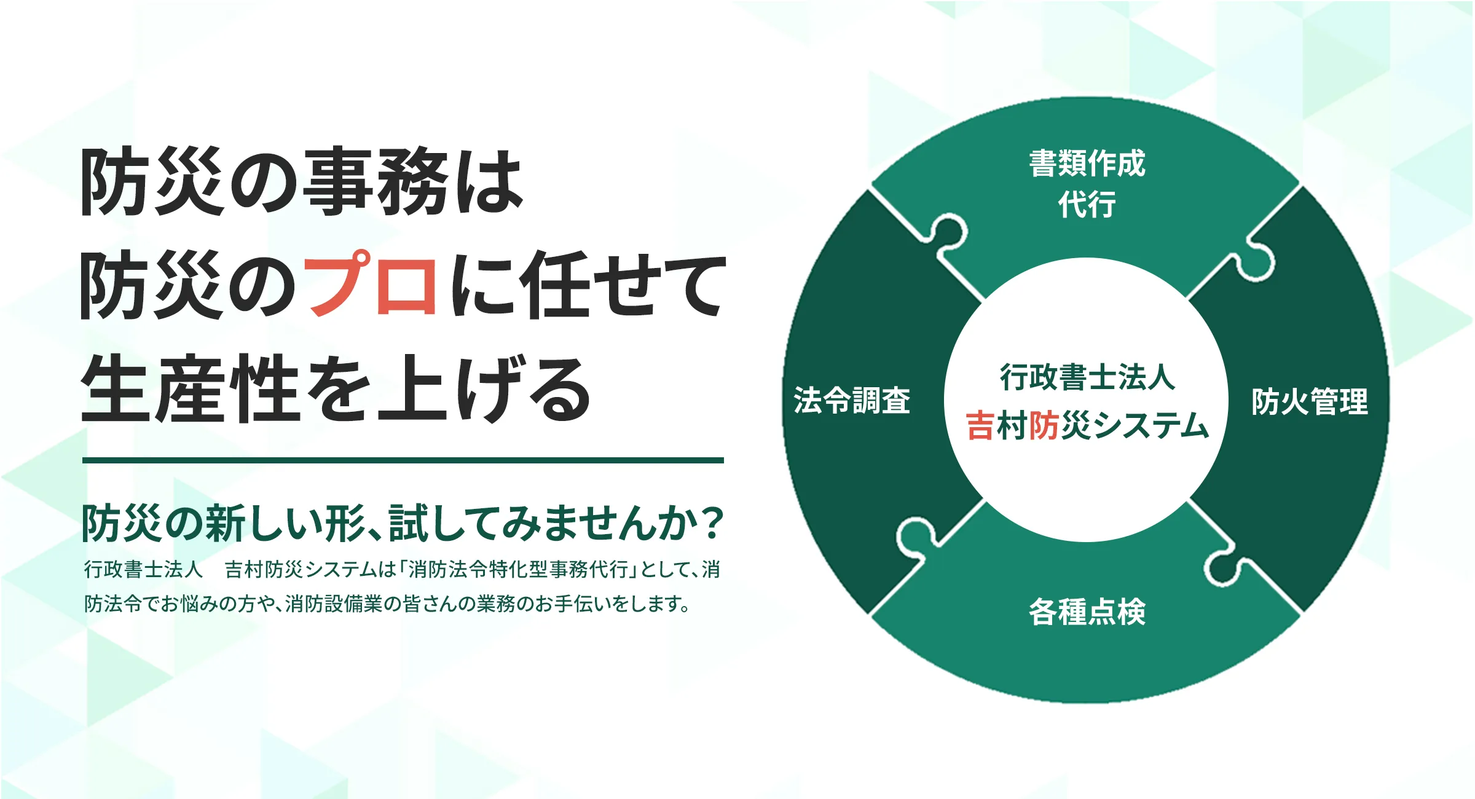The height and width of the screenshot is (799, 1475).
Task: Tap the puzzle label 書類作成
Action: pyautogui.click(x=1087, y=163)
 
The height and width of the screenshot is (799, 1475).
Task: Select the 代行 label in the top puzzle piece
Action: pyautogui.click(x=1087, y=204)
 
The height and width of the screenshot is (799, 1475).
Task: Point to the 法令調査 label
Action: pyautogui.click(x=852, y=400)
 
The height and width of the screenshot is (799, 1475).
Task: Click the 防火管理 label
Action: pyautogui.click(x=1310, y=401)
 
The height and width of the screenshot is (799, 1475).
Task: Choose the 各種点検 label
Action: pyautogui.click(x=1087, y=612)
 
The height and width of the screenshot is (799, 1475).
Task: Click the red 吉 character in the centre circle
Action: pyautogui.click(x=980, y=425)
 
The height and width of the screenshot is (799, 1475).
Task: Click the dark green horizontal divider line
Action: pyautogui.click(x=403, y=460)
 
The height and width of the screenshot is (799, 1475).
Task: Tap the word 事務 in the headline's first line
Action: pyautogui.click(x=376, y=183)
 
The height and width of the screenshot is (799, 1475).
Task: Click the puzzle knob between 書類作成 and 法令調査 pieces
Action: pyautogui.click(x=946, y=234)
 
